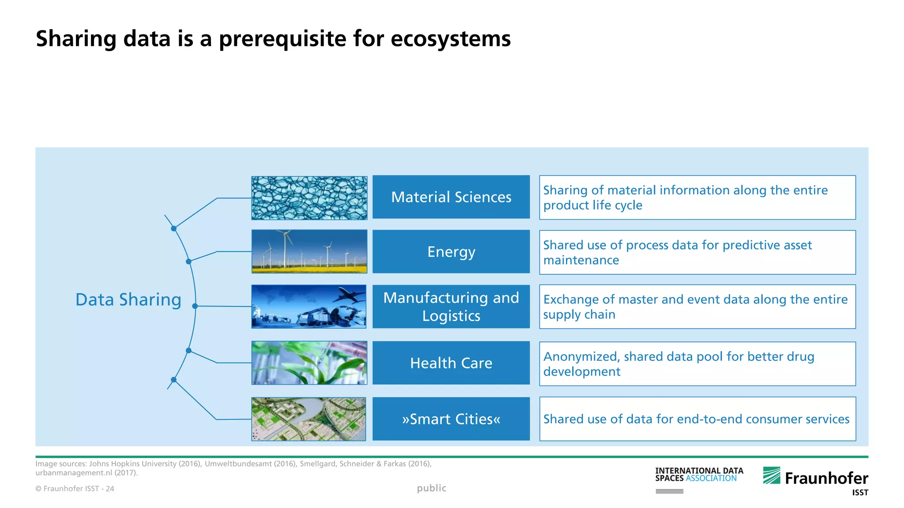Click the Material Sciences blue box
[451, 197]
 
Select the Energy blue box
[451, 252]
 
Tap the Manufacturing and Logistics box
[451, 306]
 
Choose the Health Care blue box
[451, 363]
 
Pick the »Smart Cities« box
[451, 419]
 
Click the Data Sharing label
[128, 300]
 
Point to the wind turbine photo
[309, 251]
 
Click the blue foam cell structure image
[309, 198]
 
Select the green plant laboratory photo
[309, 363]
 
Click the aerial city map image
[309, 419]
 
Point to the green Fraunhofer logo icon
[772, 475]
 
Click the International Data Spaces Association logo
[699, 475]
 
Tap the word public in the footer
[431, 488]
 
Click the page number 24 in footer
[110, 489]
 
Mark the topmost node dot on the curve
[174, 228]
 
